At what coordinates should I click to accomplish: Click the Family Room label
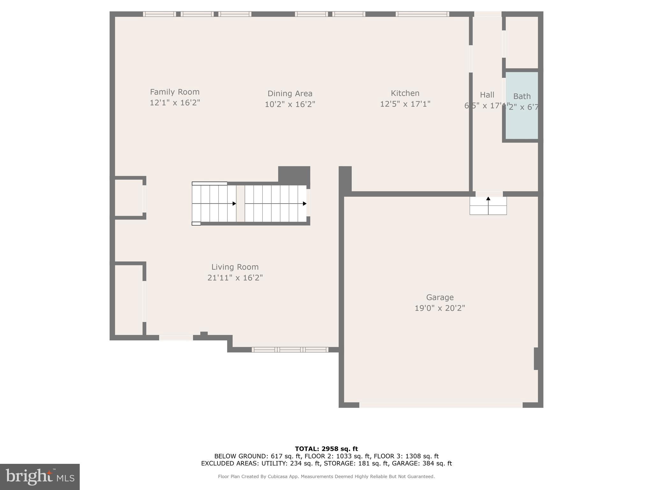[x=175, y=92]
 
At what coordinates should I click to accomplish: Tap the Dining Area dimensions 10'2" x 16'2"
[x=290, y=104]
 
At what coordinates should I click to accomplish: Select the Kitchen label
[x=405, y=93]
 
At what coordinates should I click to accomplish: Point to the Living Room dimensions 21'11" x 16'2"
[x=235, y=278]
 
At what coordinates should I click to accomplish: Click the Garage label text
[x=440, y=297]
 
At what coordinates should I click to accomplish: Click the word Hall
[x=487, y=95]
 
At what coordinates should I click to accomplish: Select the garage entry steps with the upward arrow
[x=488, y=206]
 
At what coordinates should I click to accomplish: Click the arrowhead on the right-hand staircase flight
[x=304, y=204]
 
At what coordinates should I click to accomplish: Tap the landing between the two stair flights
[x=240, y=204]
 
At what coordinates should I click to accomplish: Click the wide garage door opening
[x=441, y=405]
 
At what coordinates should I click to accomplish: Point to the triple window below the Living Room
[x=290, y=350]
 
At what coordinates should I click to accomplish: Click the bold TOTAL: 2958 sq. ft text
[x=326, y=449]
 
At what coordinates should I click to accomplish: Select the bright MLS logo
[x=40, y=477]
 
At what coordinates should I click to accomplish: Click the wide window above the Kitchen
[x=422, y=14]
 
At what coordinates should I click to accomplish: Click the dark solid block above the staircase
[x=294, y=174]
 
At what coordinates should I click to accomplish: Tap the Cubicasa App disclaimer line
[x=326, y=477]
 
